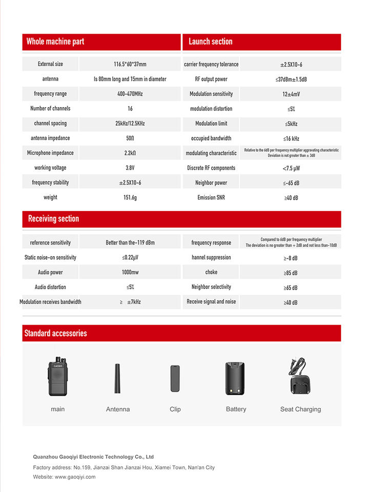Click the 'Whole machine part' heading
point(55,42)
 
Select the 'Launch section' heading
point(210,42)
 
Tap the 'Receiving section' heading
point(53,219)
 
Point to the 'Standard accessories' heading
point(55,334)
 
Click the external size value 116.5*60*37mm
point(130,65)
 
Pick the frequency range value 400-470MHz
point(130,94)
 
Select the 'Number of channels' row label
point(50,109)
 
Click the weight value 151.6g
point(130,197)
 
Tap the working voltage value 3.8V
point(130,168)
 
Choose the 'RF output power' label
point(211,79)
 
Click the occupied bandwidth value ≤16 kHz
point(291,138)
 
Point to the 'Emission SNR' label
point(211,197)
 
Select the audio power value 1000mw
point(130,273)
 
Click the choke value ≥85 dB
point(291,273)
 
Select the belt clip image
point(175,378)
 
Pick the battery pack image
point(235,378)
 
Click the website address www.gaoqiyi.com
point(75,477)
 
